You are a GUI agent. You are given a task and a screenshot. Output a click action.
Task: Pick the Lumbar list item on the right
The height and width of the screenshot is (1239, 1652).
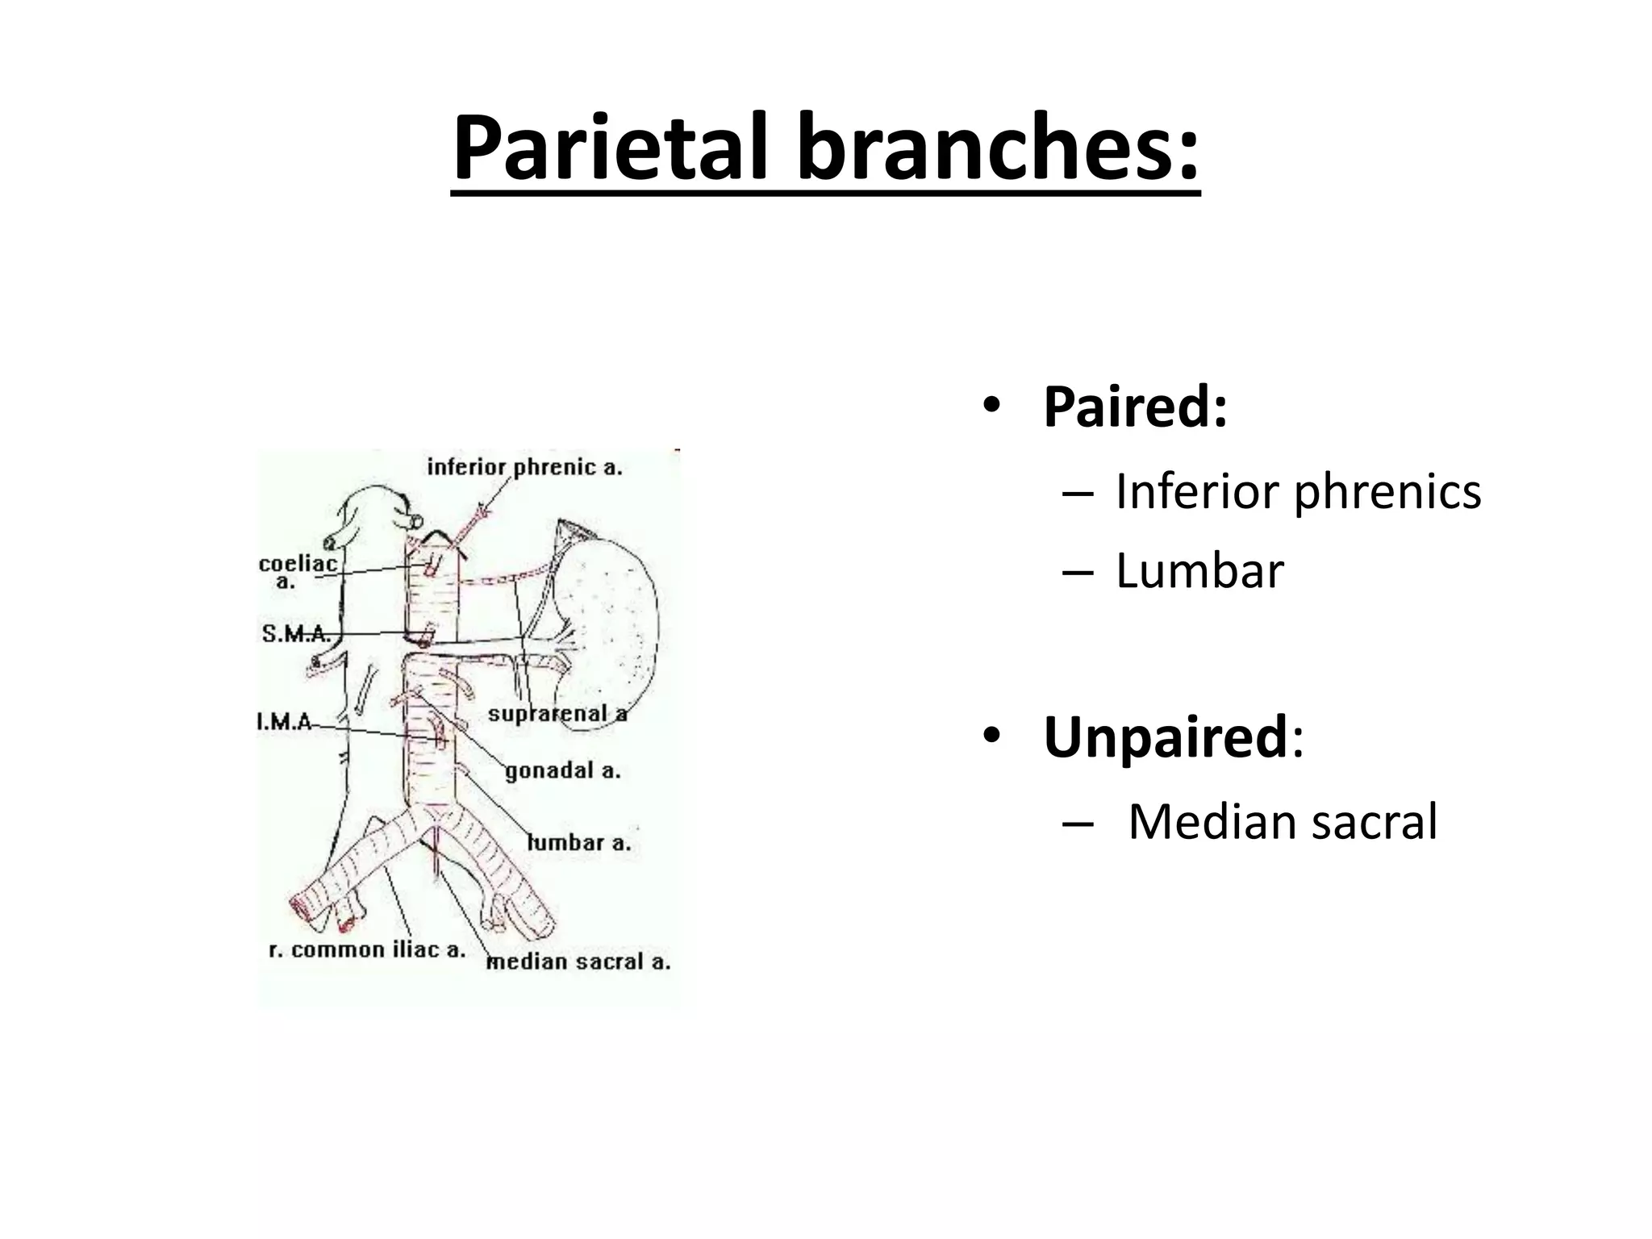pyautogui.click(x=1199, y=571)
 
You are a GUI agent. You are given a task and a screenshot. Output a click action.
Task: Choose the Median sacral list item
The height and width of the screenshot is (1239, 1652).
pyautogui.click(x=1282, y=822)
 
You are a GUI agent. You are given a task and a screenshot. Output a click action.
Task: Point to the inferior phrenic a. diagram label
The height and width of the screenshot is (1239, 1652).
pyautogui.click(x=524, y=467)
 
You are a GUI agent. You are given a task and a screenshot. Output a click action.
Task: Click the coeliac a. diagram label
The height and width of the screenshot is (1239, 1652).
pyautogui.click(x=296, y=571)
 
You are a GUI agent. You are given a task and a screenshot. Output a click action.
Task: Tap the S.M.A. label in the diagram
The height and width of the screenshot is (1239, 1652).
pyautogui.click(x=295, y=634)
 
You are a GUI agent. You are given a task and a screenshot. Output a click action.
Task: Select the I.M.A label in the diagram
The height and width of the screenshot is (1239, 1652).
pyautogui.click(x=285, y=721)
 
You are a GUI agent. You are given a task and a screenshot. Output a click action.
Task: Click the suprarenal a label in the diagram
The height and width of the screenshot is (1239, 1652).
pyautogui.click(x=557, y=714)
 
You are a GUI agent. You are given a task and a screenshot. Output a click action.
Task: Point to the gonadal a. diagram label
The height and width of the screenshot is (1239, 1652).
pyautogui.click(x=563, y=770)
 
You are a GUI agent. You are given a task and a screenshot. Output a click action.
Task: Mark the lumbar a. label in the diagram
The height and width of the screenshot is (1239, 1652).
pyautogui.click(x=578, y=843)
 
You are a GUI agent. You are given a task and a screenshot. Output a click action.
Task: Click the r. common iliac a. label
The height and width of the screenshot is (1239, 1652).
pyautogui.click(x=367, y=949)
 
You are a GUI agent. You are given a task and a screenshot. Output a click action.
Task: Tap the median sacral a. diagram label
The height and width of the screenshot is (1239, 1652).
pyautogui.click(x=578, y=962)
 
